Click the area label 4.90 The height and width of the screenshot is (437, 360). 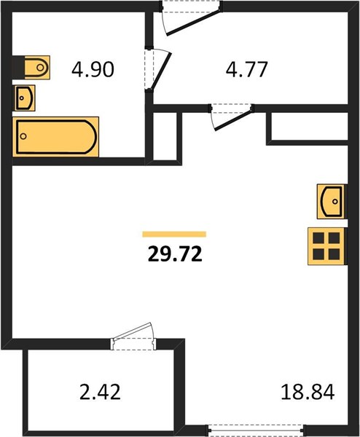tap(93, 69)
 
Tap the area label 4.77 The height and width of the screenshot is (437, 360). tap(247, 69)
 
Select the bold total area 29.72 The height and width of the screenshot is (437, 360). tap(175, 254)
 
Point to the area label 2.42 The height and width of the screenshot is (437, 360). tap(100, 392)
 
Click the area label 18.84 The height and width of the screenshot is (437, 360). tap(308, 392)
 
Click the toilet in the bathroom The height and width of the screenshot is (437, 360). tap(37, 68)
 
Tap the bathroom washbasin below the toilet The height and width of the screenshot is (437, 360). tap(25, 98)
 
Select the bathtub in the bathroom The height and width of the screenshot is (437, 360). tap(56, 137)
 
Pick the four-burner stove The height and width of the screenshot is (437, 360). tap(326, 246)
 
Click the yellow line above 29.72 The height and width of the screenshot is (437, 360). tap(174, 234)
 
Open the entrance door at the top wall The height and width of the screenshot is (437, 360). tap(191, 17)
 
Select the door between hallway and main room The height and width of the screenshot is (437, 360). tap(232, 117)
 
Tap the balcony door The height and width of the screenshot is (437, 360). tap(133, 336)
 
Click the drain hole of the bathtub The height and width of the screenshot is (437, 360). tap(23, 136)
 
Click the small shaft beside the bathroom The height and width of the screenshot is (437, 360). tap(165, 136)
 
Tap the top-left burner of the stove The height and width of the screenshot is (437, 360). tap(318, 238)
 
